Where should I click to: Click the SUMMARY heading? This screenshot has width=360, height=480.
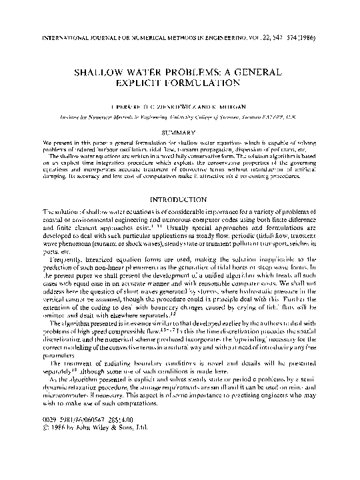(x=180, y=133)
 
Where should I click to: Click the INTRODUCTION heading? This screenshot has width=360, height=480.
(x=180, y=201)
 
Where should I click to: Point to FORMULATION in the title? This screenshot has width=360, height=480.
(x=203, y=83)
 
